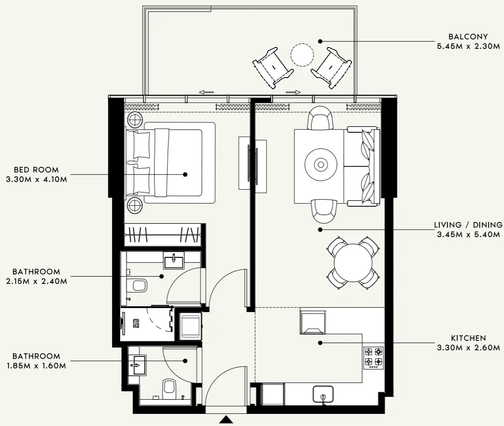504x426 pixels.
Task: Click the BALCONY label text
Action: coord(468,37)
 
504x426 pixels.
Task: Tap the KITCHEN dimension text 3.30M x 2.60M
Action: coord(468,347)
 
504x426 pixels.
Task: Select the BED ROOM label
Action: coord(36,170)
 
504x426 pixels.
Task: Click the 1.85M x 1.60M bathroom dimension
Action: coord(36,366)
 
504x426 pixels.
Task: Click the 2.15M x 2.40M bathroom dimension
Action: coord(36,281)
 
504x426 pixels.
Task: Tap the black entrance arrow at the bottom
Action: coord(227,420)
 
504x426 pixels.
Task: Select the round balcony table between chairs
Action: coord(303,55)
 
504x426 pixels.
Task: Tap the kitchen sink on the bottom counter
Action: coord(323,394)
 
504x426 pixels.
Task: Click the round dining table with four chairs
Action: coord(353,263)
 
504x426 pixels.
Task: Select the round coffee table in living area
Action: coord(320,165)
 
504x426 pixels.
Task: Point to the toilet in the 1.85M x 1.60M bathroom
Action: coord(169,387)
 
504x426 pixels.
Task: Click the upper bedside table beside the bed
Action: coord(135,120)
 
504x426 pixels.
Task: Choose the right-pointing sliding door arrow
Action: coord(293,92)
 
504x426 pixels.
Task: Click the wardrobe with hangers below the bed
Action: coord(162,235)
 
